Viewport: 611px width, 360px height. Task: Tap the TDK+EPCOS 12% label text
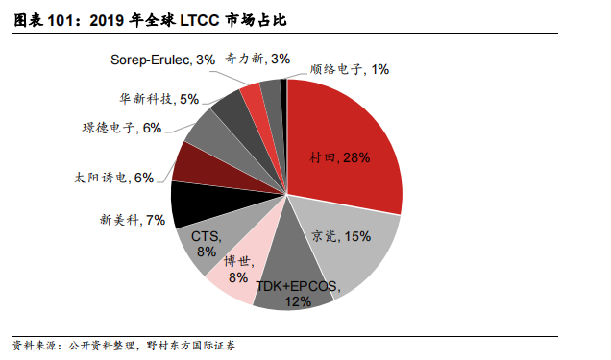(x=298, y=294)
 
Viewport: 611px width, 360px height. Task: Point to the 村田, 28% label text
(x=340, y=156)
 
